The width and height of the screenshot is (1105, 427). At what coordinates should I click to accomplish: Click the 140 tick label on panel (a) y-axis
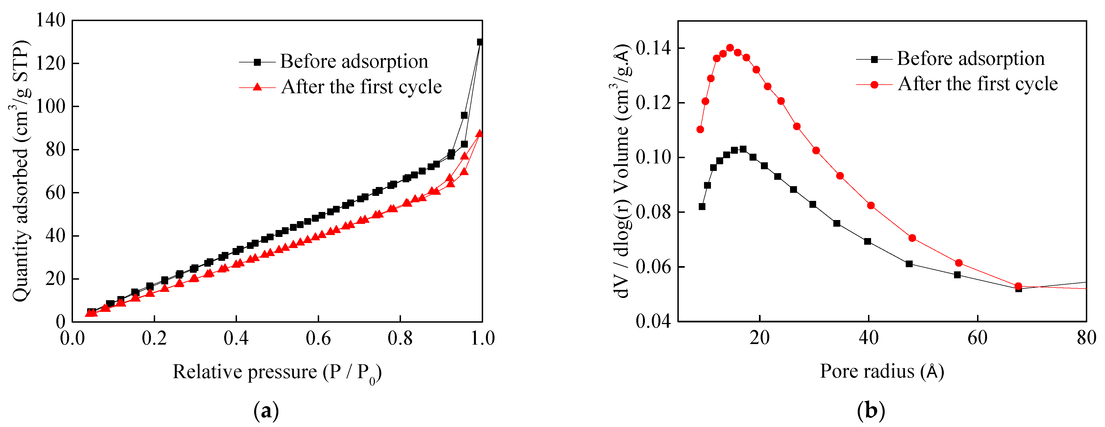[x=50, y=20]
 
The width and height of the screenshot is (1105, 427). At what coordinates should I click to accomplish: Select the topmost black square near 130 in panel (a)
[x=480, y=42]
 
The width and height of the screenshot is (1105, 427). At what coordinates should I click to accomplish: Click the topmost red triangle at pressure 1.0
[x=480, y=134]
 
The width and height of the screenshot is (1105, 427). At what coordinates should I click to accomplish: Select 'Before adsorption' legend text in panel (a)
[x=354, y=61]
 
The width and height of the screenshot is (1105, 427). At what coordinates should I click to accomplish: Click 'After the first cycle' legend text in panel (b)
[x=978, y=84]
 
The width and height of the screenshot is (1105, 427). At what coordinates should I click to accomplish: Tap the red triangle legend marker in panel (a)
[x=257, y=87]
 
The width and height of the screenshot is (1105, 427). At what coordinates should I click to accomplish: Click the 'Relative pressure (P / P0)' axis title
[x=277, y=372]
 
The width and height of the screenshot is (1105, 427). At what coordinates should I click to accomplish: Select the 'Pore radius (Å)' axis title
[x=882, y=371]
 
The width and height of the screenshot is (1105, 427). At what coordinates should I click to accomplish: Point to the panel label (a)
[x=266, y=411]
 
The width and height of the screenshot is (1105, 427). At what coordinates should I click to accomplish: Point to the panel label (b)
[x=871, y=411]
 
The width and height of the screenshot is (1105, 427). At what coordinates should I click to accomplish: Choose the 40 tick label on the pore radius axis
[x=869, y=338]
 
